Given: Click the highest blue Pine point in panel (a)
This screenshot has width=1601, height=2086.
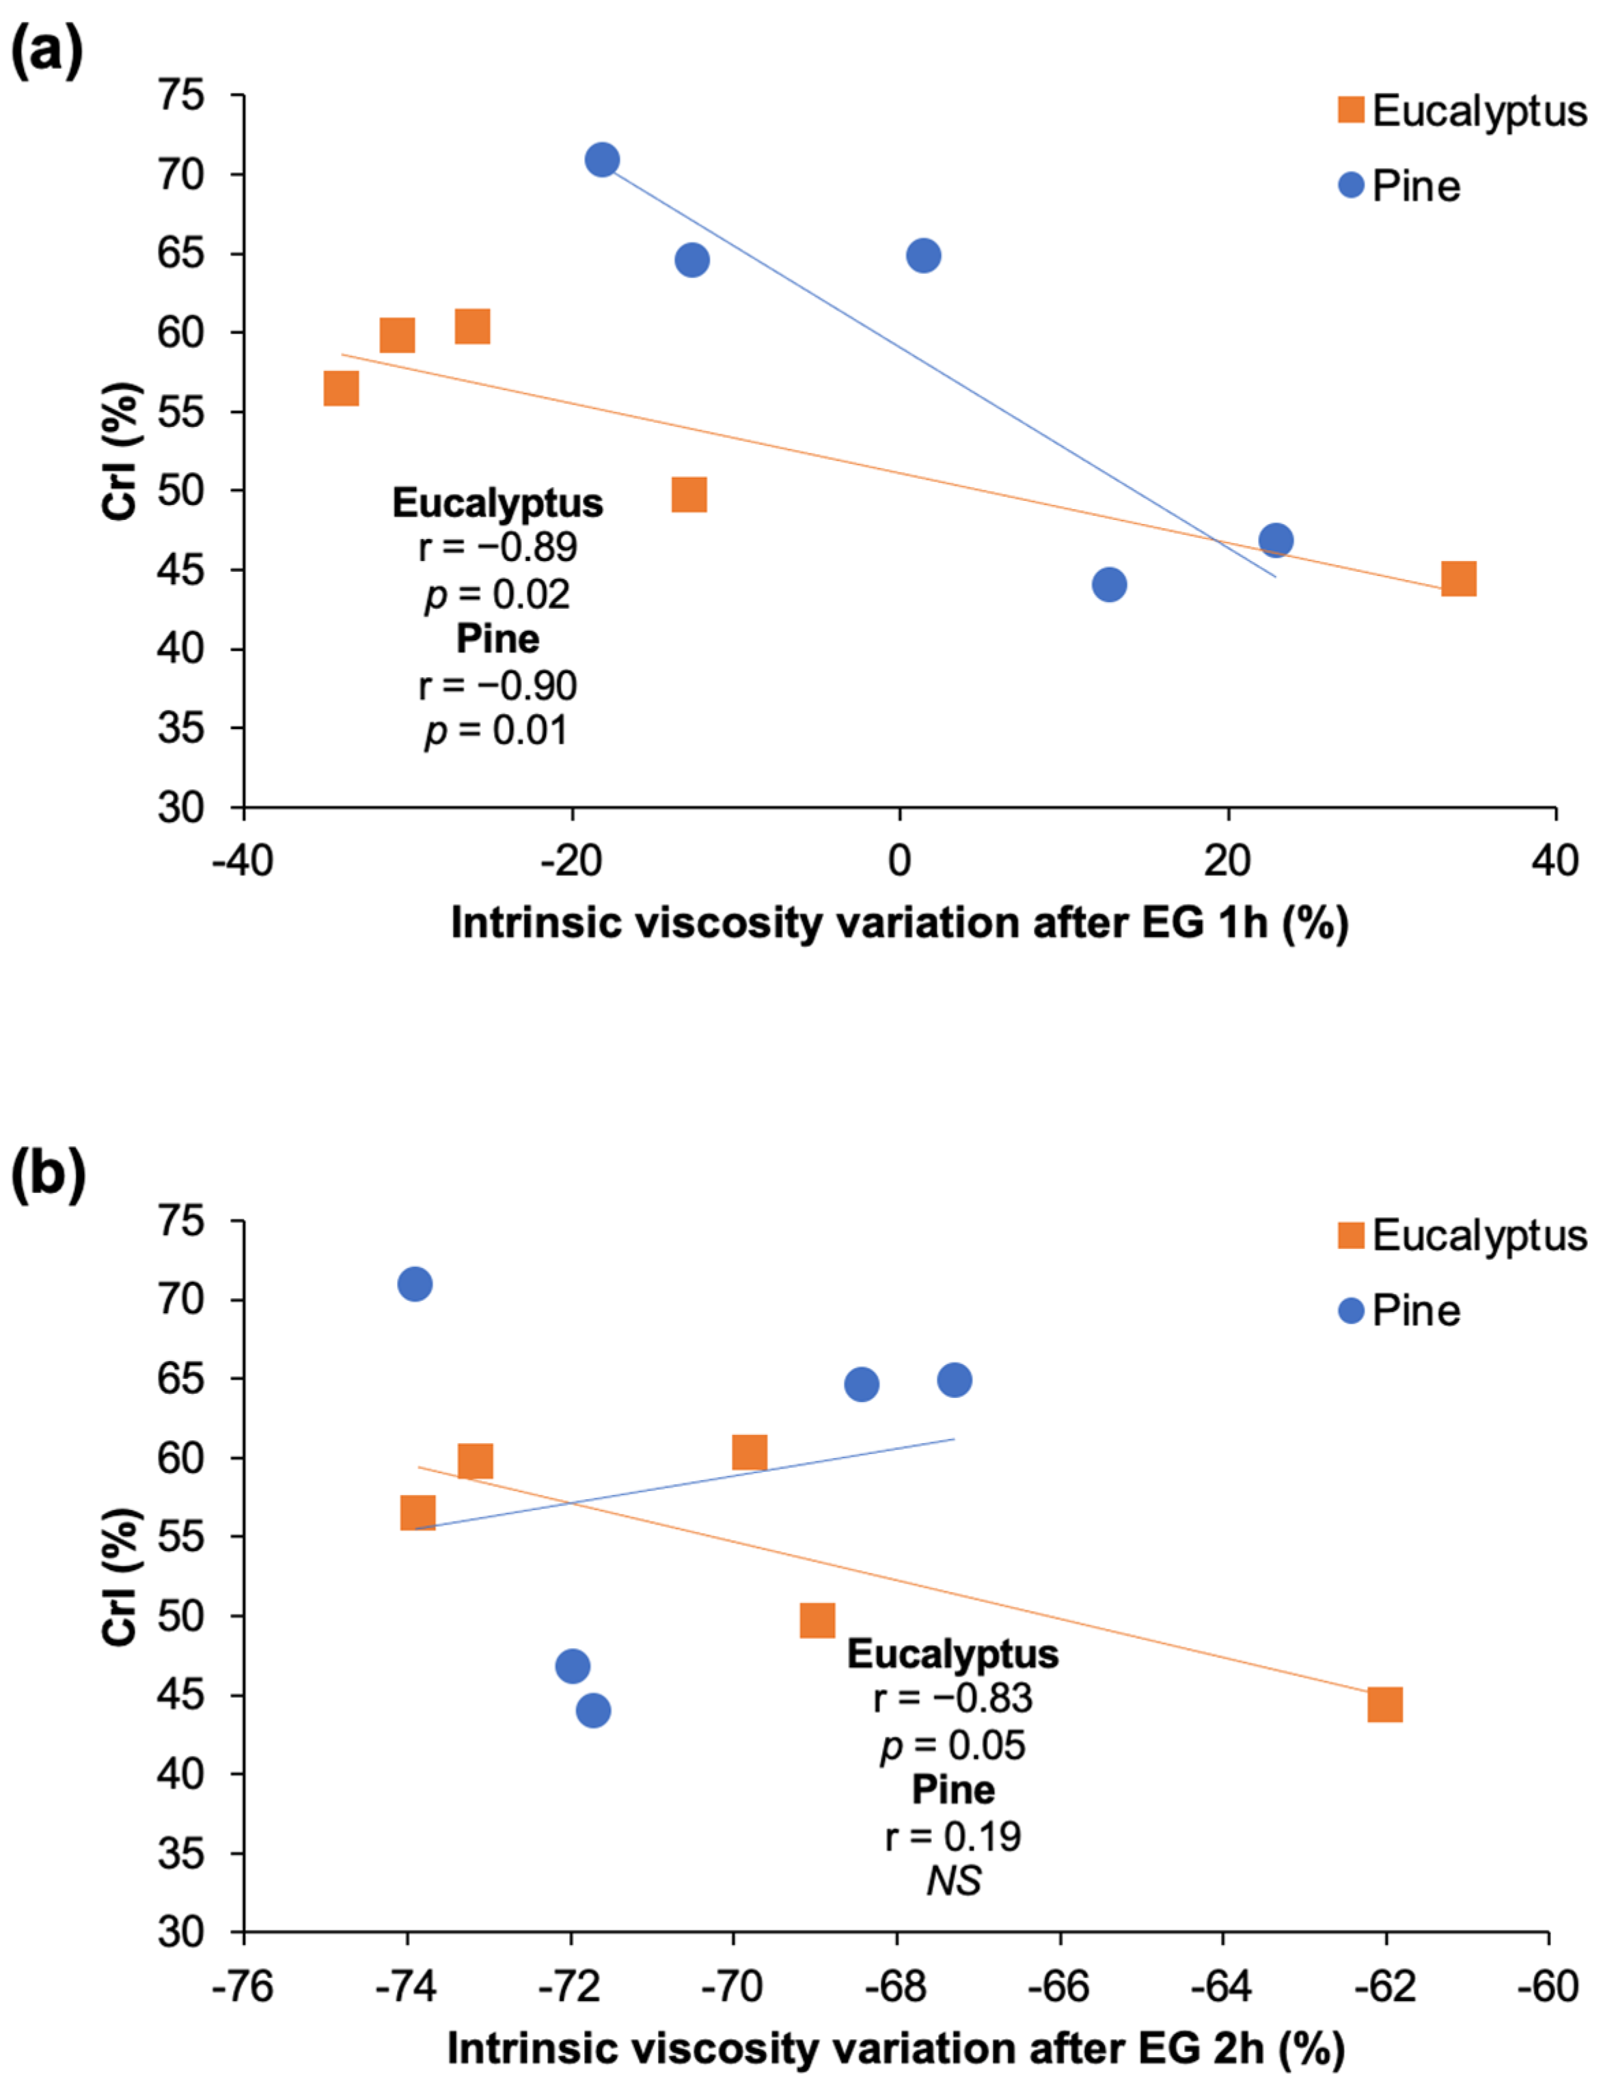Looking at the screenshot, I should pos(601,159).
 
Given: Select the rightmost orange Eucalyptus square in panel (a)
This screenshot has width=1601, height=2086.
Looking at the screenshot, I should pos(1458,579).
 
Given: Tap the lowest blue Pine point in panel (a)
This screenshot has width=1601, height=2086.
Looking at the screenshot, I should pos(1108,584).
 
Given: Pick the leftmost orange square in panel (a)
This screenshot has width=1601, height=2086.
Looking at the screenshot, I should pos(341,389).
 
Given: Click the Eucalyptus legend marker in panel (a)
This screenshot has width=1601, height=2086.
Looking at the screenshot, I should pos(1350,109).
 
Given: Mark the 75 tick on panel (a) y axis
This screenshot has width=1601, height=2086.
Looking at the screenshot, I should pos(181,95).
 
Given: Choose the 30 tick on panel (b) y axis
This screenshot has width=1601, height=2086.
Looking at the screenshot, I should pos(181,1932).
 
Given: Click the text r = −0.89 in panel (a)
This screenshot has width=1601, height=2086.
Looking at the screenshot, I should pos(497,547).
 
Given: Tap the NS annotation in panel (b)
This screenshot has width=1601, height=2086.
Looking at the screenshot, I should pos(953,1881).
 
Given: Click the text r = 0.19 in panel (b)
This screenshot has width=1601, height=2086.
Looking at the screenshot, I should pos(953,1837).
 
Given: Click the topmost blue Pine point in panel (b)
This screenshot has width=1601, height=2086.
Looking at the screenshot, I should pos(413,1285).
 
